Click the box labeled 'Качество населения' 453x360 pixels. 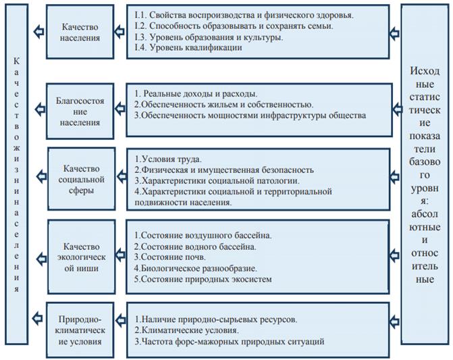tap(80, 32)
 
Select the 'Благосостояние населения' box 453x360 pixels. tap(80, 111)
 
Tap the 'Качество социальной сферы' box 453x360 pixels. tap(82, 179)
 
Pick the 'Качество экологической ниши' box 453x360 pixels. tap(82, 257)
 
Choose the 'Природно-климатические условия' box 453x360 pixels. tap(80, 330)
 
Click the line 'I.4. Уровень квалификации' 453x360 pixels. tap(188, 47)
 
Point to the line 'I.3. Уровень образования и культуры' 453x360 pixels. tap(209, 37)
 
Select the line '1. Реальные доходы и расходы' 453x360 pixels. tap(196, 94)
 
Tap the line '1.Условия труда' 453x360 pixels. tap(168, 159)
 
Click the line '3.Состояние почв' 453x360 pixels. tap(170, 257)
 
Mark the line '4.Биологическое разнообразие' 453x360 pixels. tap(196, 268)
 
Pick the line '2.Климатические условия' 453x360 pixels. tap(187, 330)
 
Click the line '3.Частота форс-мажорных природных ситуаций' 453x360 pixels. tap(230, 342)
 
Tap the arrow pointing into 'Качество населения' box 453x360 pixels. tap(119, 32)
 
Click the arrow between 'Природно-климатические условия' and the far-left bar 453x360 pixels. tap(37, 318)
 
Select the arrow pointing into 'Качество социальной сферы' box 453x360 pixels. tap(121, 176)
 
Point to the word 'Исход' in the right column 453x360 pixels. tap(425, 71)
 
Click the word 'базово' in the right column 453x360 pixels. tap(425, 162)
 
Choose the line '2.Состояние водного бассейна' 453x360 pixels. tap(195, 247)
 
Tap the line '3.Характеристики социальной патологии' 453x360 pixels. tap(217, 181)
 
